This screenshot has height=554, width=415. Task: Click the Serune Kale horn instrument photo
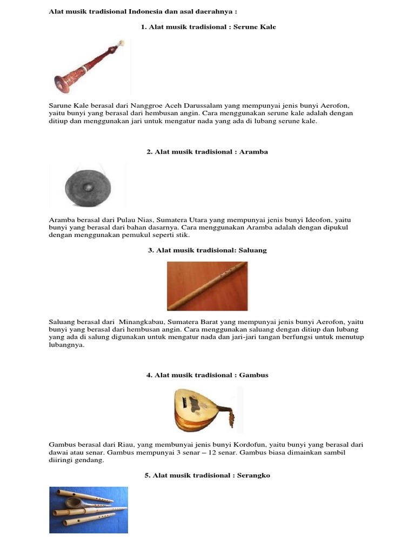90,67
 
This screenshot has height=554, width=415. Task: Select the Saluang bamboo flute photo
207,285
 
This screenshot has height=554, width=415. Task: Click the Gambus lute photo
204,410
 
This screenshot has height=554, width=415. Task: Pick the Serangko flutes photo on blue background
89,510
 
